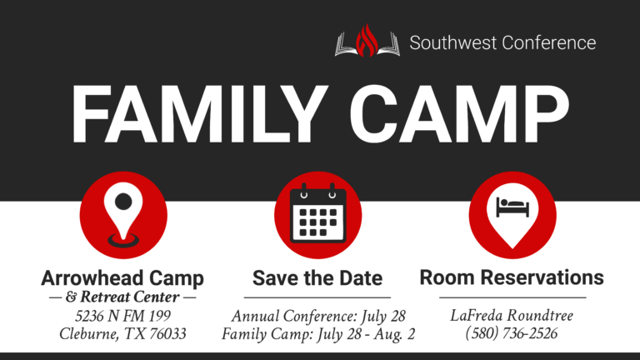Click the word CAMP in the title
coord(453,116)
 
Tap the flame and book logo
coord(367,42)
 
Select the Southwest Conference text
coord(502,42)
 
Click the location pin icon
coord(123,216)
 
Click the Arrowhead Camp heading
coord(122,277)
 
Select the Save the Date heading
coord(317,277)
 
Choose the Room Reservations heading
coord(512,277)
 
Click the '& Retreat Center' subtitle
coord(122,297)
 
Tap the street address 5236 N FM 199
coord(122,317)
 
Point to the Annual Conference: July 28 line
coord(318,317)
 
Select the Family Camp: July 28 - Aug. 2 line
coord(318,334)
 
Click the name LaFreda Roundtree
coord(512,316)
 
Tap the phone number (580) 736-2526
coord(512,333)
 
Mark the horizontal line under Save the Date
coord(317,297)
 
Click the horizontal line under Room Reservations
coord(512,297)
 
